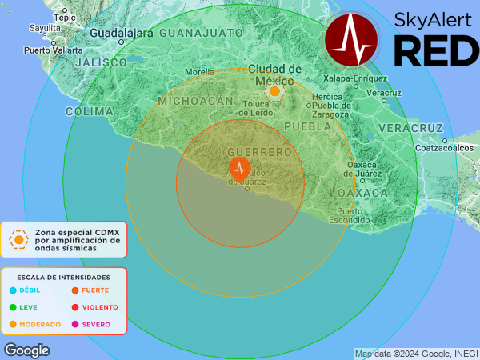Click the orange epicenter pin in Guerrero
pos(240,168)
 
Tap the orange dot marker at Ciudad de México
pos(274,92)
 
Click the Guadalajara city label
pos(121,34)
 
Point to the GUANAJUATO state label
pos(201,33)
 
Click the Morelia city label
pos(200,71)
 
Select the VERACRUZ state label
pos(410,128)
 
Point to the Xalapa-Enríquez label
pos(355,78)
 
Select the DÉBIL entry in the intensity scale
pos(30,290)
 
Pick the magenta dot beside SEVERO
pos(75,324)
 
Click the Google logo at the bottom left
pos(26,350)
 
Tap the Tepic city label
pos(64,15)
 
